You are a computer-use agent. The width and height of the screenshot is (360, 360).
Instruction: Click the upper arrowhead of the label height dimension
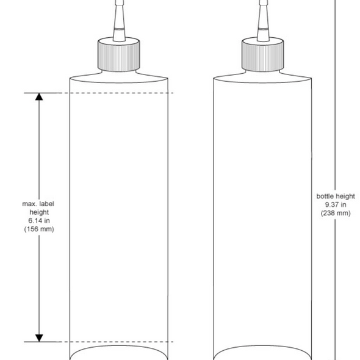(40, 97)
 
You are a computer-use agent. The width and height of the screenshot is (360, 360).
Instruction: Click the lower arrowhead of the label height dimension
(40, 337)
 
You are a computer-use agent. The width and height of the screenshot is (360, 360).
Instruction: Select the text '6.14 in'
(39, 220)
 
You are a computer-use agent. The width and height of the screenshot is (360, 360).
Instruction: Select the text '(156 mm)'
(39, 229)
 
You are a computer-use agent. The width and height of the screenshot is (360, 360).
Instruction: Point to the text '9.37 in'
(335, 204)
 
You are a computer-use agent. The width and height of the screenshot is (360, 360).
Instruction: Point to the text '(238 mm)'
(335, 213)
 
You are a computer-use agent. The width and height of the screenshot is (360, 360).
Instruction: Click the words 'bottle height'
(335, 196)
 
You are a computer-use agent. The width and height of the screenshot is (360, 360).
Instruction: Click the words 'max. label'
(39, 203)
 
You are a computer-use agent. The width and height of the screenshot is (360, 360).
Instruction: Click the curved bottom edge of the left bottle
(119, 348)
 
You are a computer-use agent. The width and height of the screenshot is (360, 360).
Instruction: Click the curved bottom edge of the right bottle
(262, 348)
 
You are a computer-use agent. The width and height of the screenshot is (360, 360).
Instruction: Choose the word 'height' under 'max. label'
(39, 212)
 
